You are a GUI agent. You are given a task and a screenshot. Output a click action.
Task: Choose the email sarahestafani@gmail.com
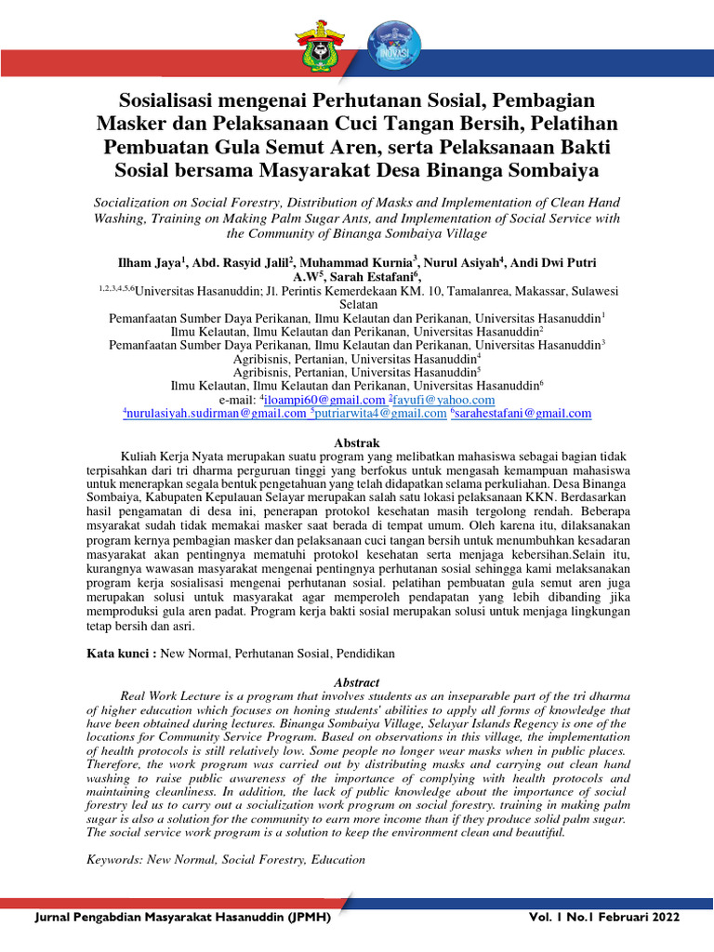click(523, 414)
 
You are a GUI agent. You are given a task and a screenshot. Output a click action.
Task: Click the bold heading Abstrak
click(357, 443)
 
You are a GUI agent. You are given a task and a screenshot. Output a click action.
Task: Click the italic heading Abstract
click(357, 682)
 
